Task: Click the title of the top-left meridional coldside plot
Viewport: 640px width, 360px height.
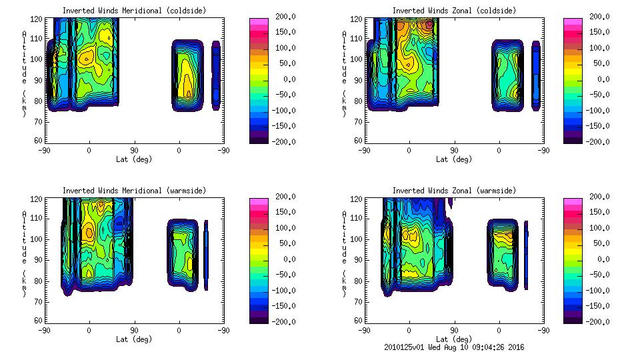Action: coord(134,11)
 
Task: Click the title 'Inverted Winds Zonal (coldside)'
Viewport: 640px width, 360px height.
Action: coord(454,11)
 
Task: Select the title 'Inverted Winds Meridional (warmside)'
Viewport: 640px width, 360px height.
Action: coord(134,191)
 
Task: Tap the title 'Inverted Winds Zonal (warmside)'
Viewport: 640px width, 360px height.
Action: coord(454,191)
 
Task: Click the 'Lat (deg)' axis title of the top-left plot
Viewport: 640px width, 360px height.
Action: coord(134,159)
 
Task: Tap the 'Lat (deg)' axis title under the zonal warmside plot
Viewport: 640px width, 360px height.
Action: coord(454,339)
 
